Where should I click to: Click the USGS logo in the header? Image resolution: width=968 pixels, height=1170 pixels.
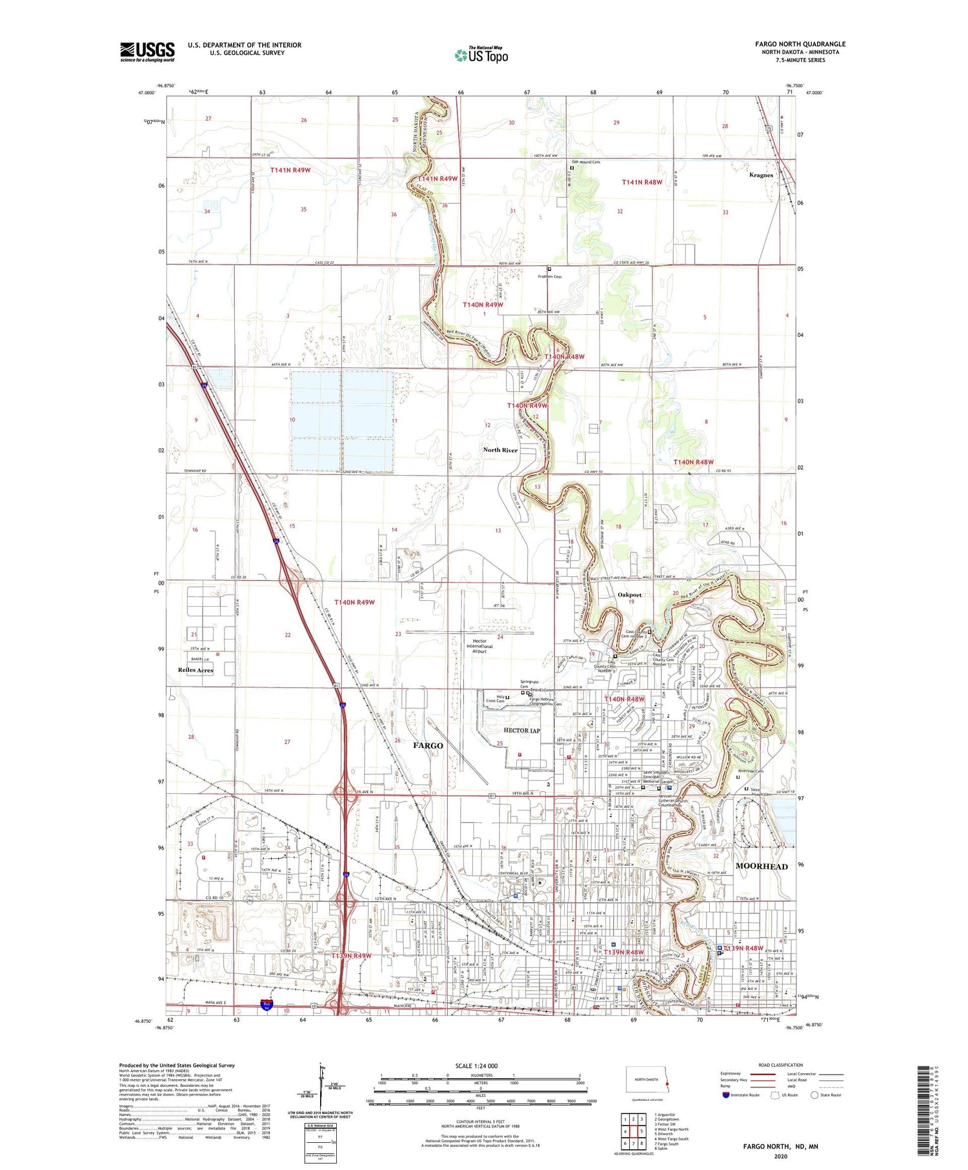(147, 52)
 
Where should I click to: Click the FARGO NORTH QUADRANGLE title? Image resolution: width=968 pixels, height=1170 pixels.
(800, 44)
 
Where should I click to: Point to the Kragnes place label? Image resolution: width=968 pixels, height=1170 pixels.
(761, 175)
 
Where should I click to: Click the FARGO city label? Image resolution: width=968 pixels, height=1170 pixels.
(428, 745)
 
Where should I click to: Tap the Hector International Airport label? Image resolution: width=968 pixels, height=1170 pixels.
(479, 646)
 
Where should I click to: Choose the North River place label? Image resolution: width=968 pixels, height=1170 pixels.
(500, 450)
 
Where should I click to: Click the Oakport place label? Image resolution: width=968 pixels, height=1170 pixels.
(629, 595)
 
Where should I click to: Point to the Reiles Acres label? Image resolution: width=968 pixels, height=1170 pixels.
(196, 670)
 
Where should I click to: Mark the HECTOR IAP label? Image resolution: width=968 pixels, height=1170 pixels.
(521, 731)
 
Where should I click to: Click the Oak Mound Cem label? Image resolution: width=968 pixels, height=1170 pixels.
(586, 162)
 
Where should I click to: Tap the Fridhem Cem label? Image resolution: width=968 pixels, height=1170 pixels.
(550, 276)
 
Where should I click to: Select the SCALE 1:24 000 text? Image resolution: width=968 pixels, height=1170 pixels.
(476, 1066)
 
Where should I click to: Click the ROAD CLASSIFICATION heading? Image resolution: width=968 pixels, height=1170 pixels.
(781, 1065)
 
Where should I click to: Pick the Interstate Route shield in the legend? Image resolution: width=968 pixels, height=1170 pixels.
(726, 1095)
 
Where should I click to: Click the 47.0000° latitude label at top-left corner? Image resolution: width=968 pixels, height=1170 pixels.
(146, 93)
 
